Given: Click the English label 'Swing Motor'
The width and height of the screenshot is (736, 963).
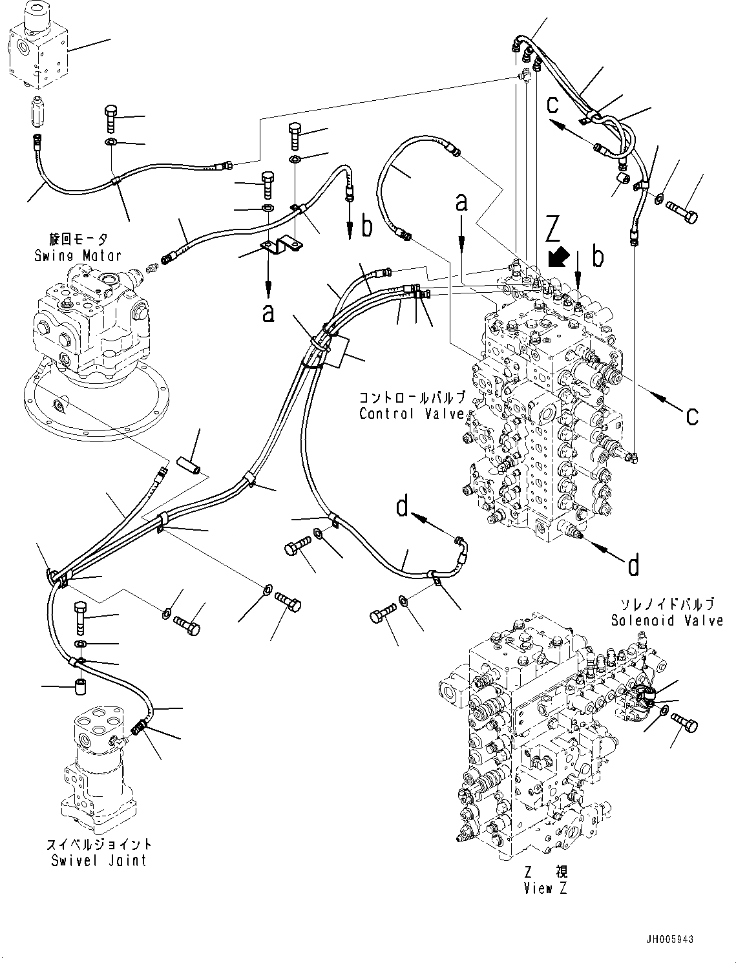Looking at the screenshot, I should (x=78, y=255).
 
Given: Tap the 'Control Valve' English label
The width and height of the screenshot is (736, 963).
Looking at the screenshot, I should (x=412, y=414).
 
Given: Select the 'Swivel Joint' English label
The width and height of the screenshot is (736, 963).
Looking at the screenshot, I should (x=99, y=861).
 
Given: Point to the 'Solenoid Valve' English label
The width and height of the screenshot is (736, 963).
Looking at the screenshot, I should (x=667, y=620).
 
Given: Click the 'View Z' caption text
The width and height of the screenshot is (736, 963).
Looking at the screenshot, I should (x=545, y=889).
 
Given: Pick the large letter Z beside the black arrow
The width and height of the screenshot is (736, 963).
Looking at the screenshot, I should (x=553, y=231).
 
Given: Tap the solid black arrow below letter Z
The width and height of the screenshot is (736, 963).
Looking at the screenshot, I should (x=556, y=257).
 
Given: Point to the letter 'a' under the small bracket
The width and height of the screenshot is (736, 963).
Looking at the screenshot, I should (x=268, y=313).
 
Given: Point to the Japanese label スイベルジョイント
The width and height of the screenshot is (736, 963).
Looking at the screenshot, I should (x=99, y=845).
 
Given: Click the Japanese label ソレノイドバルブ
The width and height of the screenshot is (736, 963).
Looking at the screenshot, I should (x=667, y=605).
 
